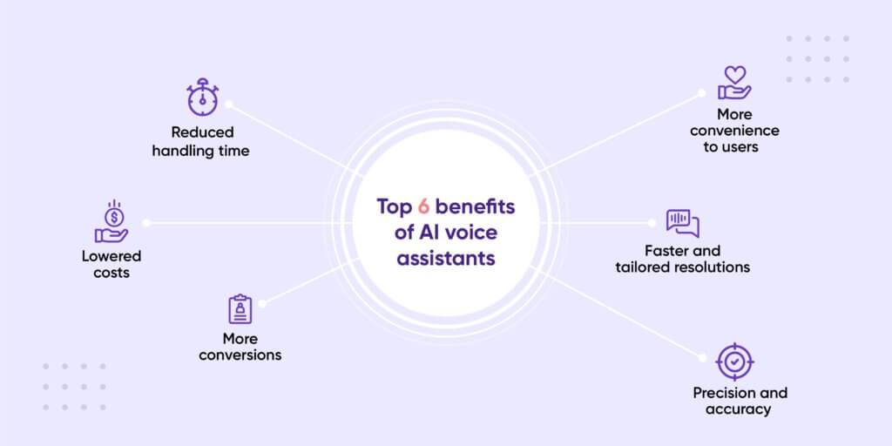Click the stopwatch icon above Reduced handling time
click(202, 98)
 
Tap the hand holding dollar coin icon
click(111, 222)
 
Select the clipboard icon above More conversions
click(240, 309)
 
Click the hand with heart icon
click(734, 84)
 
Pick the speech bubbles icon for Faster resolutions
click(682, 223)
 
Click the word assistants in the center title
click(446, 259)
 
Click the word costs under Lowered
click(111, 274)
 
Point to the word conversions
click(240, 355)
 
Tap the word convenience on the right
click(734, 131)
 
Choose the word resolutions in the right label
click(713, 267)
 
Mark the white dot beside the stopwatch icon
click(229, 104)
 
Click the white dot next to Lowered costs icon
click(146, 223)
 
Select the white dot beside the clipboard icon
click(262, 302)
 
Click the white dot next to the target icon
click(702, 355)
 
